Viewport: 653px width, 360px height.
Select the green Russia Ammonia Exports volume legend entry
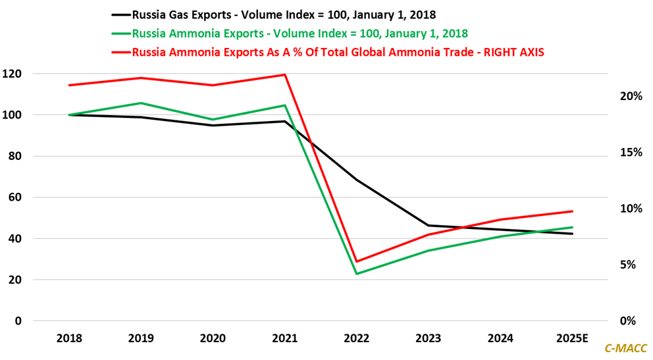tap(290, 33)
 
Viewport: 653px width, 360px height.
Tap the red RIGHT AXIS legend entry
tap(328, 52)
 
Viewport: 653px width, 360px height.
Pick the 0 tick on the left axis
tap(18, 321)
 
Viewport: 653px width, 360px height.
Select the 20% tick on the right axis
tap(632, 96)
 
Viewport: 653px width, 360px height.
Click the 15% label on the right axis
tap(632, 152)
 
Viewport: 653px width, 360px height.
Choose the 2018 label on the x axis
tap(69, 338)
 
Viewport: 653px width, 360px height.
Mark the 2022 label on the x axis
tap(357, 338)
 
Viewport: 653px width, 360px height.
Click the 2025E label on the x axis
tap(571, 338)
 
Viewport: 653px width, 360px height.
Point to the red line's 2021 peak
tap(284, 74)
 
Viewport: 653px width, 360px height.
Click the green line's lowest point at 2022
tap(357, 274)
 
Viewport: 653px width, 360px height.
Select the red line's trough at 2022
tap(357, 261)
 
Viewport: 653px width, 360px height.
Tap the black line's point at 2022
tap(357, 180)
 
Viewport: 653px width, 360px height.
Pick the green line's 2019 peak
tap(141, 103)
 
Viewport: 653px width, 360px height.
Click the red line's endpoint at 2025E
tap(573, 211)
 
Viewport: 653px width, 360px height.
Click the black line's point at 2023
tap(429, 226)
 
